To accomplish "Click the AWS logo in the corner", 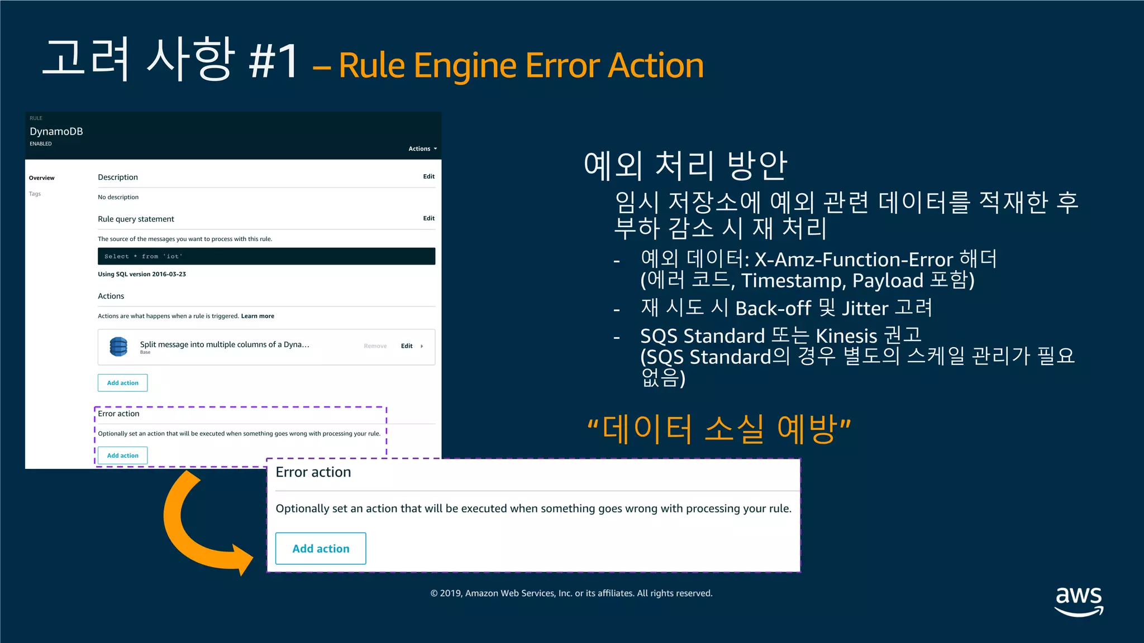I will pyautogui.click(x=1079, y=601).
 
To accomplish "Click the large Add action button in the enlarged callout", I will pyautogui.click(x=321, y=549).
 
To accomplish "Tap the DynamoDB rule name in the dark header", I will pyautogui.click(x=56, y=131).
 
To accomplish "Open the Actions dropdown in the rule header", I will pyautogui.click(x=422, y=148).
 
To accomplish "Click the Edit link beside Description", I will pyautogui.click(x=428, y=176).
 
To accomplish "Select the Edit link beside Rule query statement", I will pyautogui.click(x=428, y=218).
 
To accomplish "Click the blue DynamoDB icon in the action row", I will pyautogui.click(x=118, y=347).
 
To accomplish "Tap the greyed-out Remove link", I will pyautogui.click(x=375, y=346).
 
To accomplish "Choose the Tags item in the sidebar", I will pyautogui.click(x=35, y=194).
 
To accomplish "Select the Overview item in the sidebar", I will pyautogui.click(x=42, y=178).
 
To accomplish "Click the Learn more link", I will pyautogui.click(x=258, y=316).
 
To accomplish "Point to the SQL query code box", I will pyautogui.click(x=266, y=256).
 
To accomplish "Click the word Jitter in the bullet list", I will pyautogui.click(x=865, y=309).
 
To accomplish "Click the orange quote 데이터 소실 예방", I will pyautogui.click(x=719, y=429).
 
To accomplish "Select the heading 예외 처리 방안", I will pyautogui.click(x=685, y=166).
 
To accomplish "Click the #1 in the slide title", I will pyautogui.click(x=273, y=61).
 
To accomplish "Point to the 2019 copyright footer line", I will pyautogui.click(x=571, y=593).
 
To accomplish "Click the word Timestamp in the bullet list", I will pyautogui.click(x=793, y=281).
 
